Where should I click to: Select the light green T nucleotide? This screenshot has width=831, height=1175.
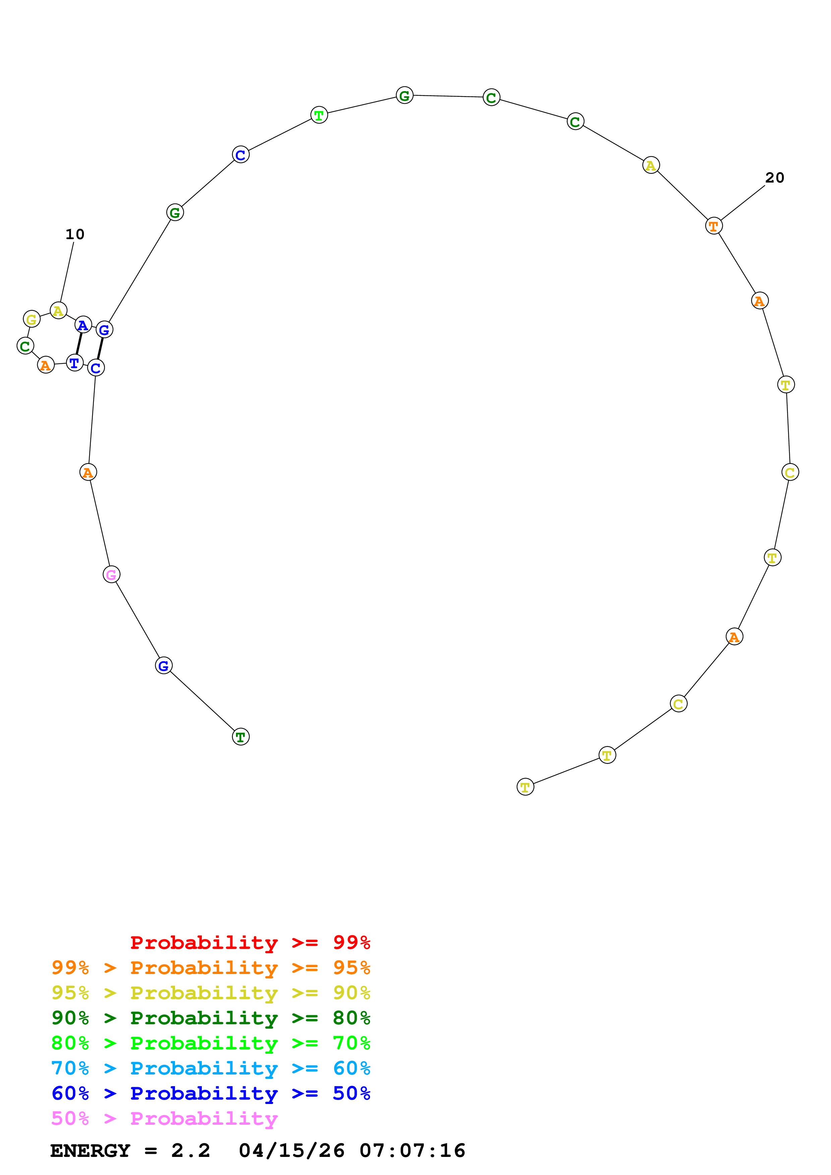click(319, 115)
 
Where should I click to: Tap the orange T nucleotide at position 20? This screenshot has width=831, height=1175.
click(714, 226)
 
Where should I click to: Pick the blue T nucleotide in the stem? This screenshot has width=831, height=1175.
click(75, 363)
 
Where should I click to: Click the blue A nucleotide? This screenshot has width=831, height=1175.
click(83, 325)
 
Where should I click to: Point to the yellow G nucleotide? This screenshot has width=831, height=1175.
click(32, 319)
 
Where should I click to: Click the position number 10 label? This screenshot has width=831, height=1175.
click(75, 234)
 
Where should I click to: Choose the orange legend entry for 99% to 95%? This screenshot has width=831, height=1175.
click(211, 967)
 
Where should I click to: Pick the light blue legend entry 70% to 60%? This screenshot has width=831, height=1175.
click(211, 1068)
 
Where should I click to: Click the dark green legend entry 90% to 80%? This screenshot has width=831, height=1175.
click(211, 1018)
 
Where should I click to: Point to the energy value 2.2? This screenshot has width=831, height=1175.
click(190, 1151)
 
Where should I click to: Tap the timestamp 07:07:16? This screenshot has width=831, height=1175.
click(412, 1151)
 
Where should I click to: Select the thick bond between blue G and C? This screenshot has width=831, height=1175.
click(100, 348)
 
